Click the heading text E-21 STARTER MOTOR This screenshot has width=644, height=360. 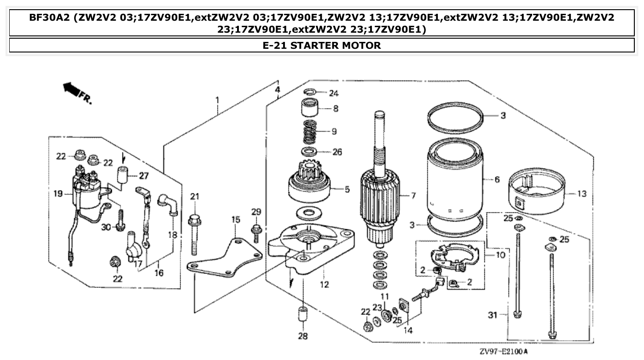[x=321, y=46]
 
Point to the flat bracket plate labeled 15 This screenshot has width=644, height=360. [x=226, y=258]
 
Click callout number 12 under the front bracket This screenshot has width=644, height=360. [x=325, y=285]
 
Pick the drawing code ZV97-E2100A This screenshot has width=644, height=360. [x=503, y=352]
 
